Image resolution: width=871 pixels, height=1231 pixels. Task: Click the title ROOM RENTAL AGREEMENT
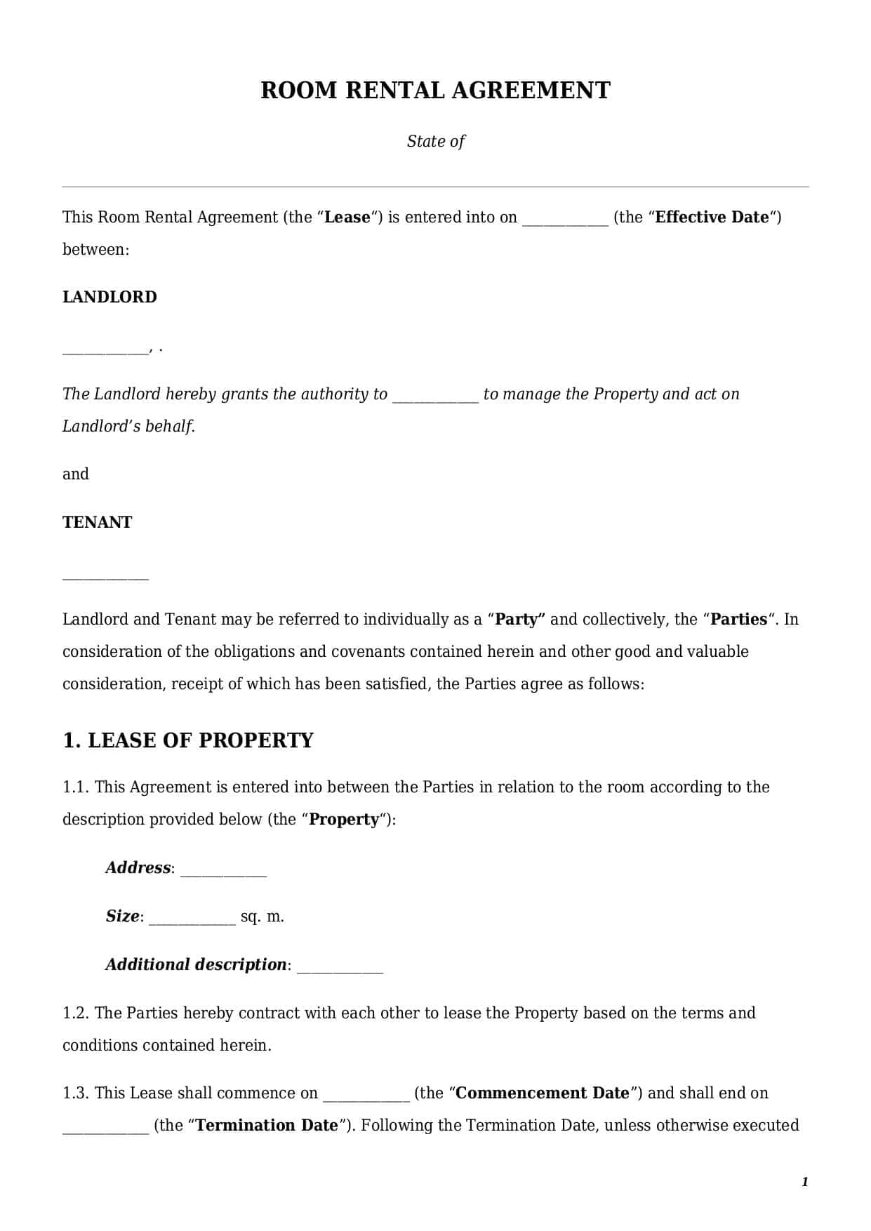435,91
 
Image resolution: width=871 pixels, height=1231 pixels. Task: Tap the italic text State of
435,141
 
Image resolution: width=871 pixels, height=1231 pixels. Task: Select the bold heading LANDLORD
109,297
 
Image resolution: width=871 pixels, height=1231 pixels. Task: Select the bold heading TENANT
97,522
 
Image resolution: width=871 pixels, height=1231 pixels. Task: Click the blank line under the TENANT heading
105,577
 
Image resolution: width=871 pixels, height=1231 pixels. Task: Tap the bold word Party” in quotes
520,619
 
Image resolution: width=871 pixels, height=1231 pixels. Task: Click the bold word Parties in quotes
738,619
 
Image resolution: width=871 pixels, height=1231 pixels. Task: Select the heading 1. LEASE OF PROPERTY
188,740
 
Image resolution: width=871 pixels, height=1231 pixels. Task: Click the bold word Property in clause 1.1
344,819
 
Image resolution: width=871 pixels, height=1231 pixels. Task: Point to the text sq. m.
262,917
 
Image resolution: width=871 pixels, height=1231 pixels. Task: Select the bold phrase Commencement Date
543,1093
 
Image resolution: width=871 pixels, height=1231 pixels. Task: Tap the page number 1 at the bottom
804,1182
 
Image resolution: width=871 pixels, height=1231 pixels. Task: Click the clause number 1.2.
75,1013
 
